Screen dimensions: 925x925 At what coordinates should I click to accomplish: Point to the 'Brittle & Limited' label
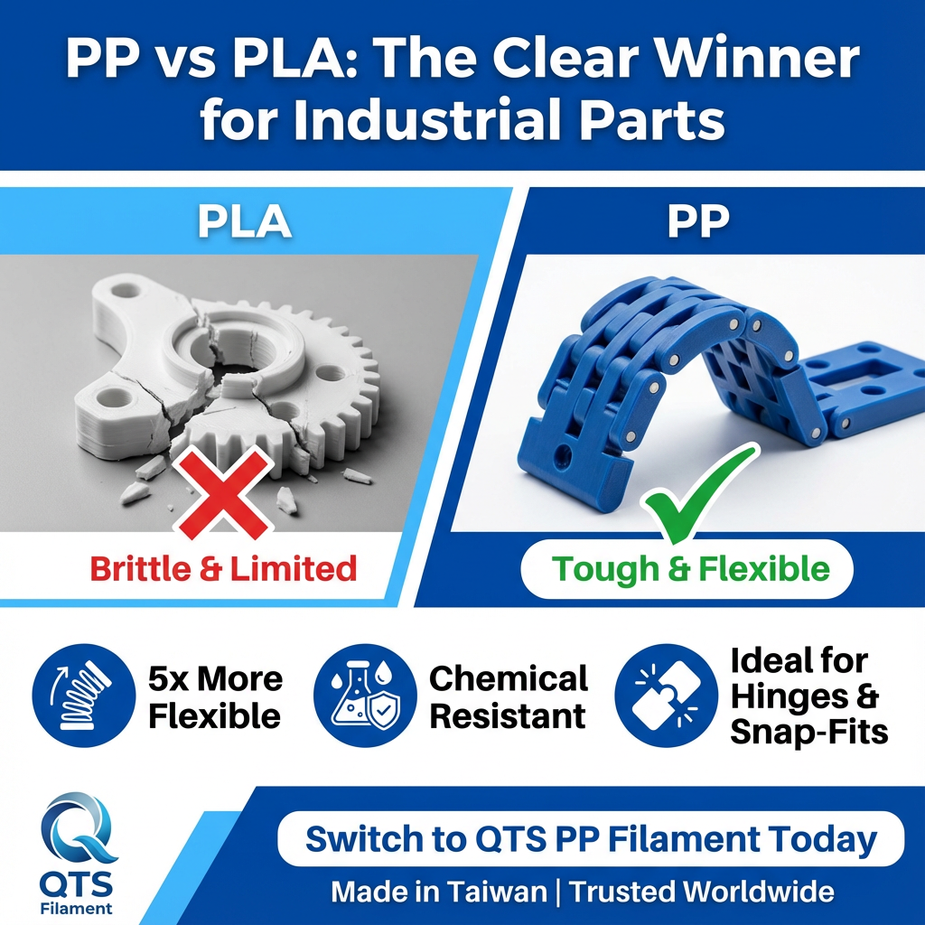coord(223,568)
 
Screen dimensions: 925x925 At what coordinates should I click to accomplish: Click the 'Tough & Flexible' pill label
coord(690,568)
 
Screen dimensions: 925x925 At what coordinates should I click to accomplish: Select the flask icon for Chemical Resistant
coord(365,696)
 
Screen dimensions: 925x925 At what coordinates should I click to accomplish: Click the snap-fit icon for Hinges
coord(666,696)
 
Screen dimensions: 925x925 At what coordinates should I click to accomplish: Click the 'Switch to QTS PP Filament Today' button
coord(591,839)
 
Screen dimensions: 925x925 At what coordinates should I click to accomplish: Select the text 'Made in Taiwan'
coord(438,892)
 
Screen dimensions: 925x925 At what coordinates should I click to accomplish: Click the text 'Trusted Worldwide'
coord(701,892)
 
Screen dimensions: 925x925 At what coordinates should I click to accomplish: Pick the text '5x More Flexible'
coord(215,696)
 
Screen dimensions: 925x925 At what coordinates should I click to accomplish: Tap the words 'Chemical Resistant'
coord(508,696)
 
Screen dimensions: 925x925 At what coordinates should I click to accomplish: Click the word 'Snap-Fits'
coord(808,732)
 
